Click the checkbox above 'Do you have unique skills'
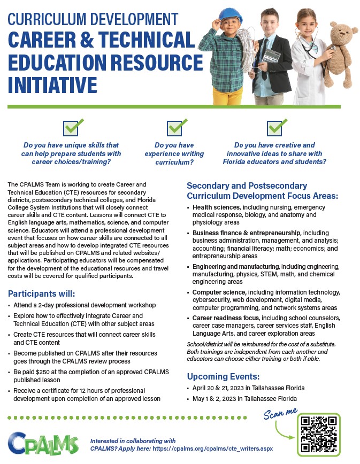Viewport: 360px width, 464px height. click(x=71, y=128)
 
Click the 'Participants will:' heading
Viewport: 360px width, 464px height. click(x=41, y=294)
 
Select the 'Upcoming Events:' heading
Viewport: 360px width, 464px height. click(x=222, y=376)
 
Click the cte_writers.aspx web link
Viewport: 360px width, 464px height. click(x=213, y=448)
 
